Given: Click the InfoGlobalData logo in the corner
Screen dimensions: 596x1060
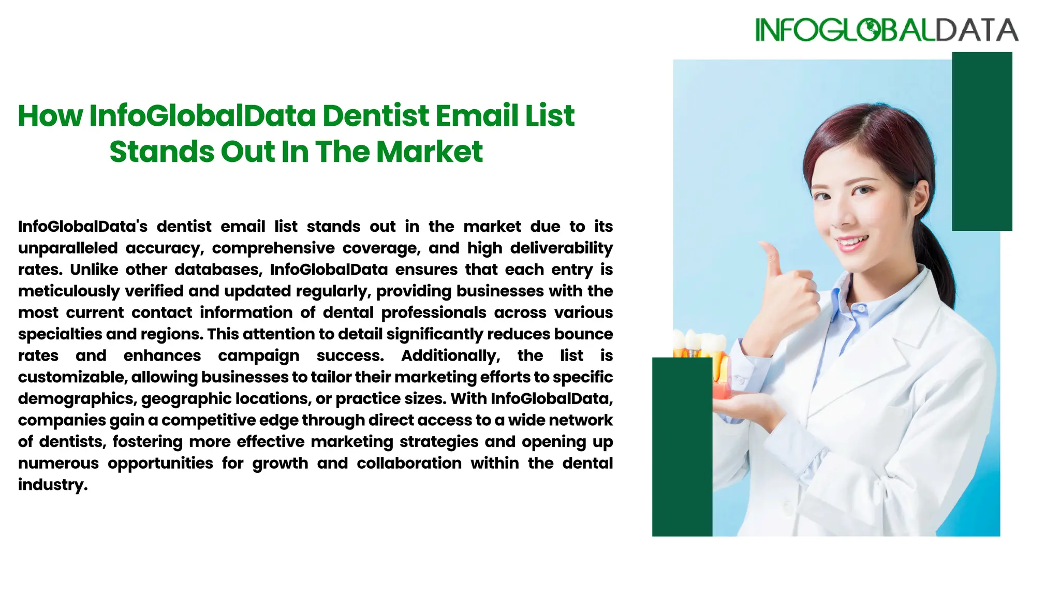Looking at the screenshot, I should click(x=886, y=30).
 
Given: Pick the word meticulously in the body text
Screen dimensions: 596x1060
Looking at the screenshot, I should click(x=69, y=291).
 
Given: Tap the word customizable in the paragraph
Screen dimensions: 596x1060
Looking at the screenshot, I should click(x=72, y=377).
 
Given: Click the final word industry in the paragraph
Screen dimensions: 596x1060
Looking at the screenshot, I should click(x=52, y=485).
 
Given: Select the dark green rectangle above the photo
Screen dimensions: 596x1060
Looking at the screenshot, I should click(x=982, y=141).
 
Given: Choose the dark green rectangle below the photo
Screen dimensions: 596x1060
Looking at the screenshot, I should click(x=682, y=446).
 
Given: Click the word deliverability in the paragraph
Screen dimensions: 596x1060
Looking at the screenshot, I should click(x=561, y=248).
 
